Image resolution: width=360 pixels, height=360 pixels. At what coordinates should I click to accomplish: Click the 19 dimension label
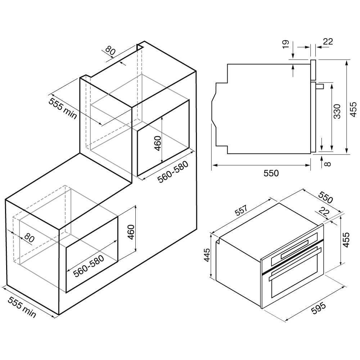click(x=285, y=44)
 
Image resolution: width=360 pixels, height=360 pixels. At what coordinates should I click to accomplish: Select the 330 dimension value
click(x=337, y=111)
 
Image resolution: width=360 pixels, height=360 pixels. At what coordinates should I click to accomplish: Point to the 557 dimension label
click(x=241, y=210)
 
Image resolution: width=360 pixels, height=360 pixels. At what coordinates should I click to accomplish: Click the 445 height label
click(x=207, y=255)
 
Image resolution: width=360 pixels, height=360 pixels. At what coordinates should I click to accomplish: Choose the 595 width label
click(x=319, y=309)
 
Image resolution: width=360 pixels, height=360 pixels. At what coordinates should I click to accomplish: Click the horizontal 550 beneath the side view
click(x=271, y=173)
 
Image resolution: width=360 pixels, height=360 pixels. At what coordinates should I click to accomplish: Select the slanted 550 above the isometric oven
click(x=325, y=197)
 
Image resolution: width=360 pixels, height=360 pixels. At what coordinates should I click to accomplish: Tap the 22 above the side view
click(x=328, y=41)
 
